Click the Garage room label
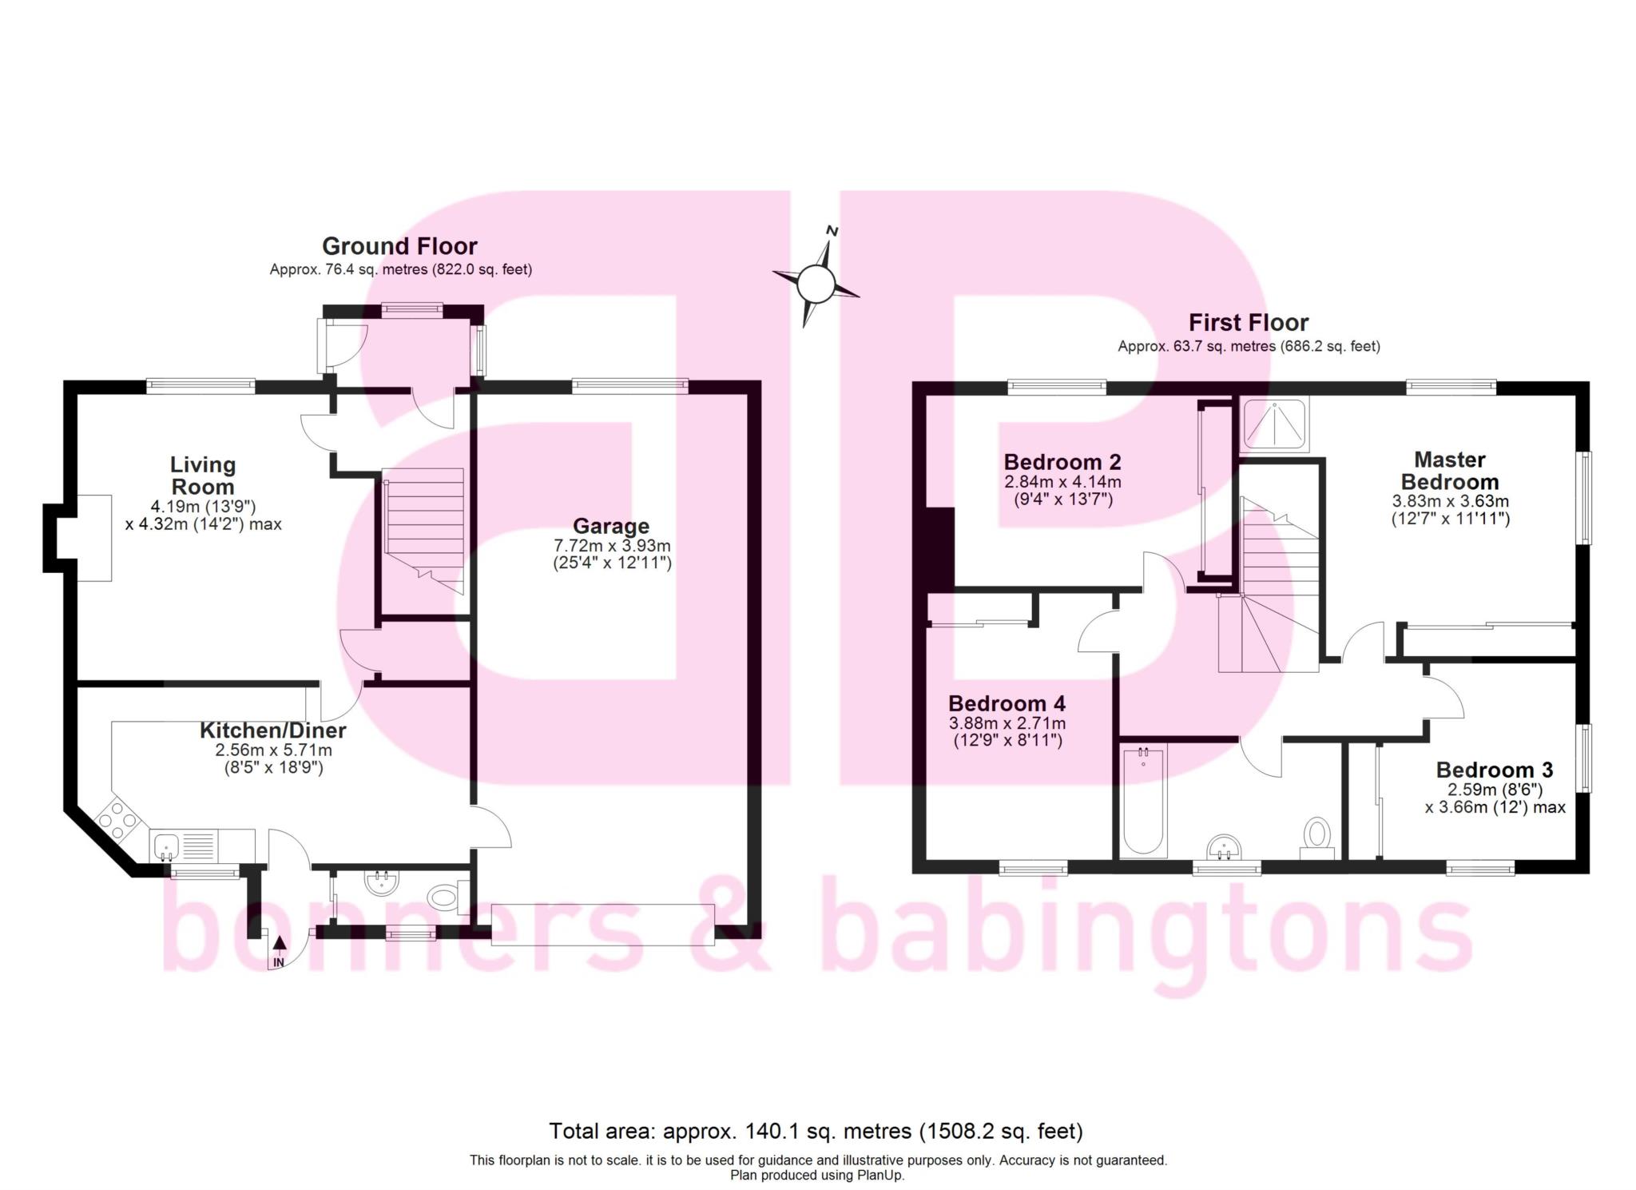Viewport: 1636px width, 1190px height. click(x=611, y=526)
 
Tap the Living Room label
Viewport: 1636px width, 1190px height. click(x=203, y=476)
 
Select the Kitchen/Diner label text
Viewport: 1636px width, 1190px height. click(x=272, y=730)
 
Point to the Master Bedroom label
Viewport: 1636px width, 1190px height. click(x=1449, y=471)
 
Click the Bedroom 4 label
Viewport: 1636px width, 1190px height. click(x=1007, y=703)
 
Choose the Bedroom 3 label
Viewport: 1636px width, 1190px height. click(x=1494, y=770)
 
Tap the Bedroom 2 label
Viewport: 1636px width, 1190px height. click(x=1062, y=462)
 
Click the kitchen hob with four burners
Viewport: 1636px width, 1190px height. click(x=119, y=818)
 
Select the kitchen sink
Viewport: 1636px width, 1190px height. click(x=167, y=843)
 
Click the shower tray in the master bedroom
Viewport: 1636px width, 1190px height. click(x=1275, y=424)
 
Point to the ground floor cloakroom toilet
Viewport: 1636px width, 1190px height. click(x=443, y=897)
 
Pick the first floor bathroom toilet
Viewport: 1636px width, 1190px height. click(x=1316, y=835)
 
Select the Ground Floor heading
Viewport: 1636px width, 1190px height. click(x=399, y=246)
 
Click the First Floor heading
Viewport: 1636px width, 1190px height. click(x=1248, y=323)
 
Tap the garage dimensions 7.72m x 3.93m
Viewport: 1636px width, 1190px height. click(x=612, y=546)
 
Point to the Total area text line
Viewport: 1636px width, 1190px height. click(x=816, y=1131)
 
